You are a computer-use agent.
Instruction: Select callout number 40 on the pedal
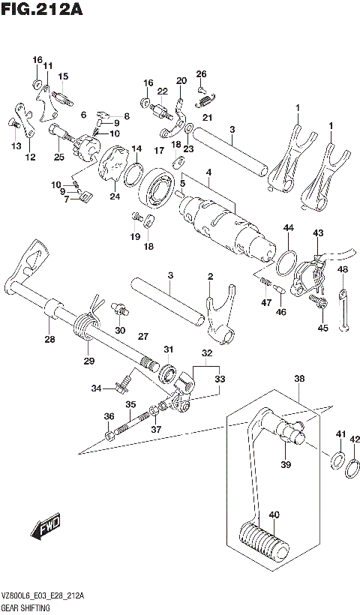274,514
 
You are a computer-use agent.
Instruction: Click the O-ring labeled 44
284,263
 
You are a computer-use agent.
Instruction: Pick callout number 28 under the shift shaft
49,340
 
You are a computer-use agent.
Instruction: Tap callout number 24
114,197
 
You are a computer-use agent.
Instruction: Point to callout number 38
299,379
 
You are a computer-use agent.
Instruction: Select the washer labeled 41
337,459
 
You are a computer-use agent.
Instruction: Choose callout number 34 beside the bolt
96,388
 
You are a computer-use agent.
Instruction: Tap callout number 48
343,269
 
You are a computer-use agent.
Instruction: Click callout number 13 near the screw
16,146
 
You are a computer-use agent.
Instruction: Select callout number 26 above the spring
201,73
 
